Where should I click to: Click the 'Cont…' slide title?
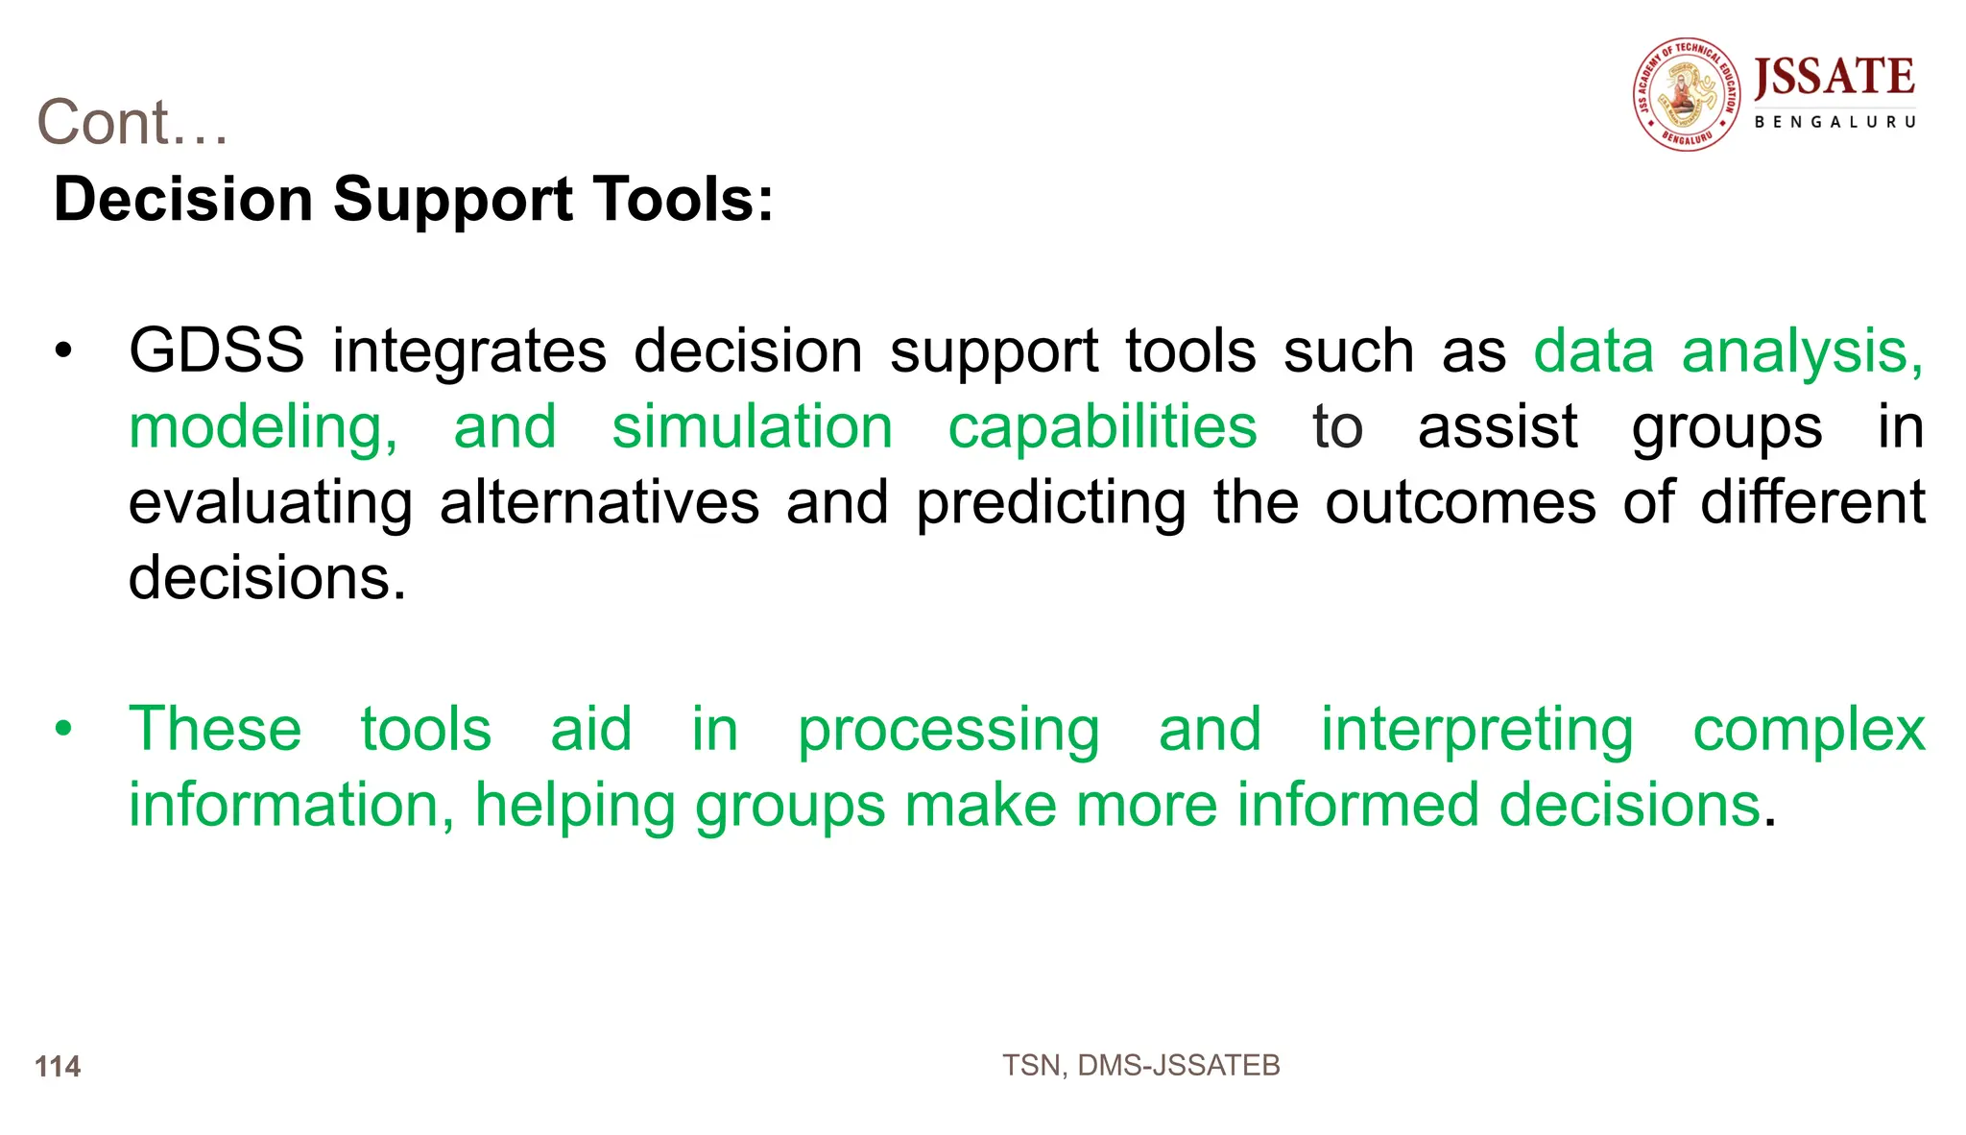[x=132, y=123]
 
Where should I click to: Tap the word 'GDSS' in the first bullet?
[x=216, y=350]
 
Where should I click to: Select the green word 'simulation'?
[x=752, y=426]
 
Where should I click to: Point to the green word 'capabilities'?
[x=1102, y=426]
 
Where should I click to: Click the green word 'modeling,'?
[x=263, y=428]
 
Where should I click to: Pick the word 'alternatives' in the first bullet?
[x=599, y=502]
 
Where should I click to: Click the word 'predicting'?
[x=1050, y=504]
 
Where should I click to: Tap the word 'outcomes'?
[x=1460, y=502]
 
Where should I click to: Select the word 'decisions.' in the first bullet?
[x=267, y=578]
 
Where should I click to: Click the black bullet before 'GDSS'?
[x=63, y=351]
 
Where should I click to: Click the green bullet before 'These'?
[x=63, y=729]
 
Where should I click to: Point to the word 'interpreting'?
[x=1476, y=730]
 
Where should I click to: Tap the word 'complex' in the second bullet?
[x=1809, y=730]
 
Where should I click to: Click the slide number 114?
[x=58, y=1066]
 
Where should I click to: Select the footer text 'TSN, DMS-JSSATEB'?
[x=1140, y=1065]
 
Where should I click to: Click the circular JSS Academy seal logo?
[x=1687, y=95]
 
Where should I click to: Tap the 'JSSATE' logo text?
[x=1834, y=78]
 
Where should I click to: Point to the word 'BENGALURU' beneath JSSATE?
[x=1834, y=123]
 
